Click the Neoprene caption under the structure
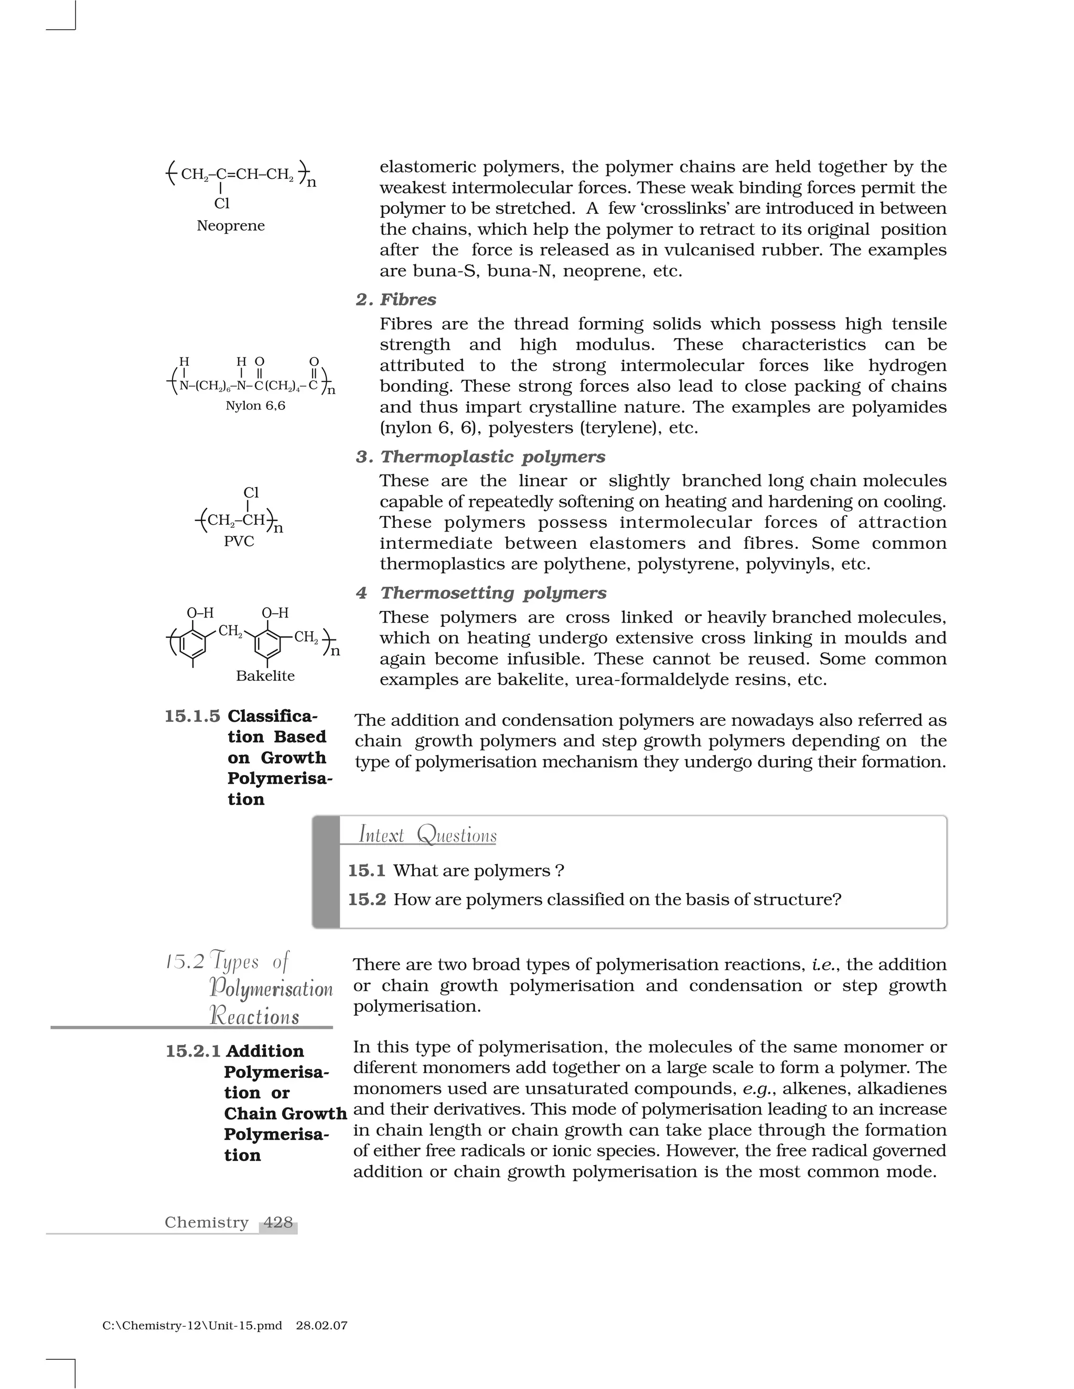click(x=230, y=226)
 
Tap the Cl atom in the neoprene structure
click(x=221, y=203)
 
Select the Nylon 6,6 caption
click(x=255, y=406)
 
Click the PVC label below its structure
click(x=239, y=541)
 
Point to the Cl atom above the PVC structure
click(x=251, y=493)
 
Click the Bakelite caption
click(x=265, y=676)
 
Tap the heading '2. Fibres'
click(x=396, y=299)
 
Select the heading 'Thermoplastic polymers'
click(x=492, y=457)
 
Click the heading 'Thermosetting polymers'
click(x=493, y=593)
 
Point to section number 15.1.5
click(x=192, y=716)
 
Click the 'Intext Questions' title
click(x=427, y=834)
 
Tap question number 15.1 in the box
click(x=367, y=871)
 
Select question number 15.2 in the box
click(x=367, y=899)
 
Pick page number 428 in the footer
click(x=278, y=1222)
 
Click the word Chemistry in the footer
click(x=206, y=1222)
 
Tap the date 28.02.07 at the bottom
click(x=321, y=1326)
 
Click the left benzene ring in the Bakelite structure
click(x=193, y=644)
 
